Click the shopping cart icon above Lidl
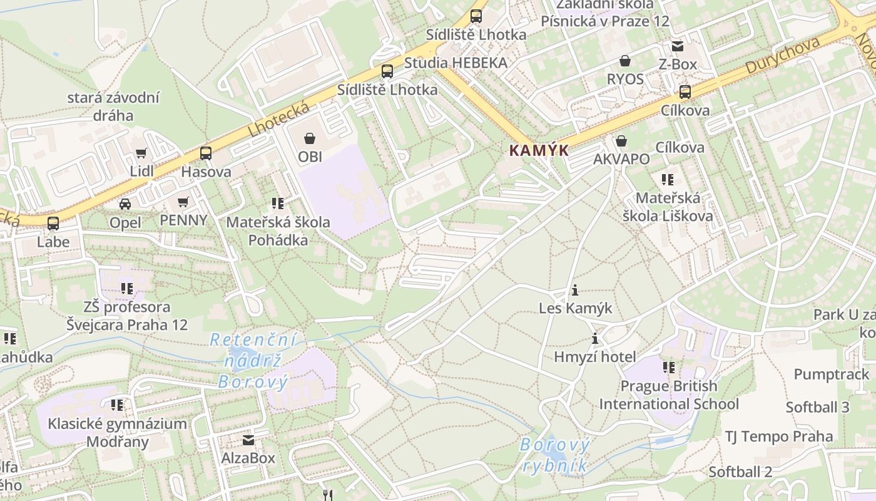(x=141, y=153)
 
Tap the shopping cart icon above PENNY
(x=183, y=202)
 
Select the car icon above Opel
(x=125, y=204)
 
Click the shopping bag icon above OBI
(x=310, y=138)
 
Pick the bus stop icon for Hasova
(x=205, y=153)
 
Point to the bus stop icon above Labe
(x=53, y=223)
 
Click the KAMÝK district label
(x=539, y=150)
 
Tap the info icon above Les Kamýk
(x=575, y=290)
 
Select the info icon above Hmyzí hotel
(x=595, y=339)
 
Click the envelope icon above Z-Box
(x=678, y=46)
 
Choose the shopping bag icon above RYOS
(x=624, y=61)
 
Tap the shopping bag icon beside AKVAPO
(x=621, y=141)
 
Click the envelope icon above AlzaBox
(x=248, y=440)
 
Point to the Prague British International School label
(x=669, y=395)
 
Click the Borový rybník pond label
(x=555, y=455)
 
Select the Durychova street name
(x=783, y=56)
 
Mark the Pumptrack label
(x=832, y=374)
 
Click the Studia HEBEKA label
(x=456, y=63)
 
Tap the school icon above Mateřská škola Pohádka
(x=278, y=203)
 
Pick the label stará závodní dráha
(x=113, y=106)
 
